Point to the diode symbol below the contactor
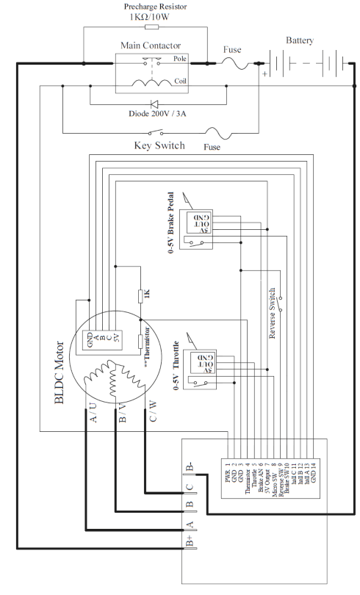pos(154,105)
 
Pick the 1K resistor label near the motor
pos(147,295)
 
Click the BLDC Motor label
pos(61,372)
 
